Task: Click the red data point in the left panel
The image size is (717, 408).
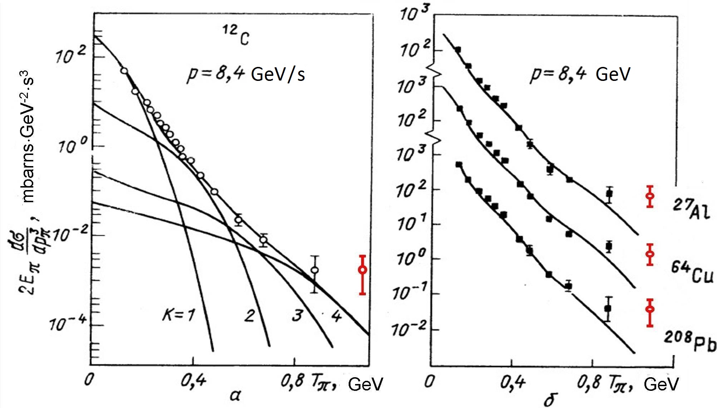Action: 363,269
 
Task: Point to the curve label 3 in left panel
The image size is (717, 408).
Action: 297,316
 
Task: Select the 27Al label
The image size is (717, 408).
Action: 689,209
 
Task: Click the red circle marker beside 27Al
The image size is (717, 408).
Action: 650,196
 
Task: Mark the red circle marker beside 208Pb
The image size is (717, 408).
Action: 650,309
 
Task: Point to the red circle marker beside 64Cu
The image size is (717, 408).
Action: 650,254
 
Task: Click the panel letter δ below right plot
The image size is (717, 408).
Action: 550,399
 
